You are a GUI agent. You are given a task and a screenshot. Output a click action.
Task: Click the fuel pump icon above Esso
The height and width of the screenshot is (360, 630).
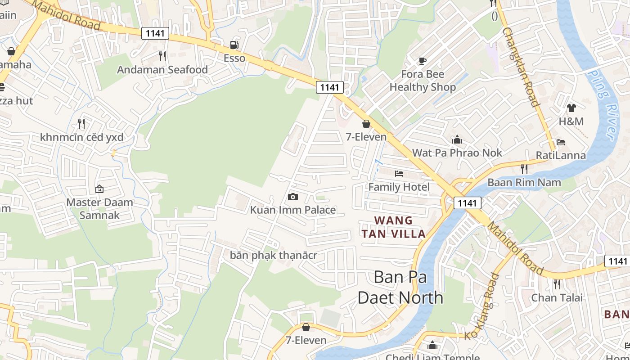(234, 45)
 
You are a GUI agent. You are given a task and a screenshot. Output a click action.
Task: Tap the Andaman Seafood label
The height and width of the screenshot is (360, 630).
(162, 70)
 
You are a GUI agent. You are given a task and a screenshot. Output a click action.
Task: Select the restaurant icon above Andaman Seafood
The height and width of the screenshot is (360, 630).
(162, 56)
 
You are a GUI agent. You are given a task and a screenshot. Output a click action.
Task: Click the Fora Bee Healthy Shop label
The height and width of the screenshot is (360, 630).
(423, 81)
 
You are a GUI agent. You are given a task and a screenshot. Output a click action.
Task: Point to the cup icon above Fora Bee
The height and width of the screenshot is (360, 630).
(422, 61)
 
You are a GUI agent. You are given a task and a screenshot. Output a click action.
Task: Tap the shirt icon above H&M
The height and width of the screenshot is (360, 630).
(571, 108)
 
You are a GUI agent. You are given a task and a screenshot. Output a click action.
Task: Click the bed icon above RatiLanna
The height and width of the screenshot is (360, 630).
(561, 142)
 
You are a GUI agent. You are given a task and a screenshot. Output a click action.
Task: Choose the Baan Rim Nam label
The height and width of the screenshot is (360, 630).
(524, 182)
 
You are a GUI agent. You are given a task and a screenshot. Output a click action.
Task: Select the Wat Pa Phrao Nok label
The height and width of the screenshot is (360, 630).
(457, 153)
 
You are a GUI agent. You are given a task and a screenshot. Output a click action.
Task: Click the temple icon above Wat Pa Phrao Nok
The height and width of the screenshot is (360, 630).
(457, 139)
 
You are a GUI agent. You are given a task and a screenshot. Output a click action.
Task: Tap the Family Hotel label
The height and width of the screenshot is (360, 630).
(399, 187)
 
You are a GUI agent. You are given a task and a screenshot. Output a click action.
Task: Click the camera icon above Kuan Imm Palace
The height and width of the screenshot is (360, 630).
(292, 197)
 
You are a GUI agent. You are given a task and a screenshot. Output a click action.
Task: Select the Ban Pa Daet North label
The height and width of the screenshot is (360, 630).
(400, 287)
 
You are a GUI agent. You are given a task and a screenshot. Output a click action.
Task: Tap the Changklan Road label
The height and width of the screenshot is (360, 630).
(521, 67)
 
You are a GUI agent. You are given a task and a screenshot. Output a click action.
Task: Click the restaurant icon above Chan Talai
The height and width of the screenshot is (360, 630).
(557, 284)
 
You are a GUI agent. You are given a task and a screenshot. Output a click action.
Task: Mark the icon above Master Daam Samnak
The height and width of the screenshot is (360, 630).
(99, 189)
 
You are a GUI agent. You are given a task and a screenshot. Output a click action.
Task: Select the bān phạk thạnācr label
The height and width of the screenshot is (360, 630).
(274, 256)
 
